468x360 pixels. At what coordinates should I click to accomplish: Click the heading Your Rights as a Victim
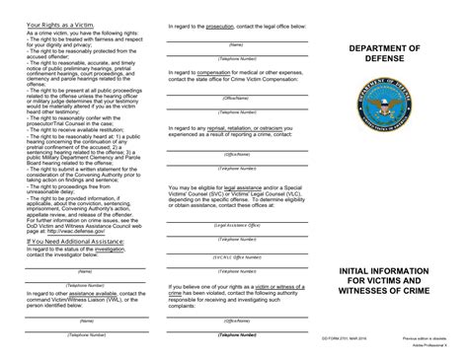pyautogui.click(x=57, y=23)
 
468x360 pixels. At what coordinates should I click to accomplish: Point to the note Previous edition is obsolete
pyautogui.click(x=419, y=335)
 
